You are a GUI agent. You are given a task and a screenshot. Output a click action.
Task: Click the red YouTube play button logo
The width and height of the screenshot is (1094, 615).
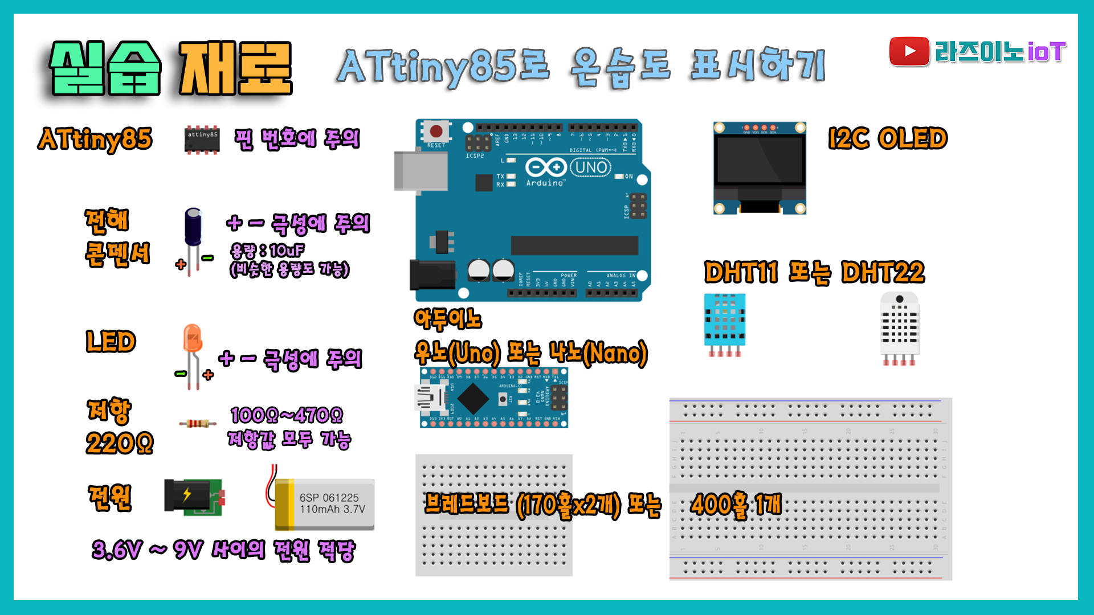909,51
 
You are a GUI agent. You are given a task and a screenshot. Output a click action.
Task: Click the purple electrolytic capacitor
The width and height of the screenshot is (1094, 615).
193,228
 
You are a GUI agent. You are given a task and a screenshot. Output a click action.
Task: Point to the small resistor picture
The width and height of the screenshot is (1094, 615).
197,423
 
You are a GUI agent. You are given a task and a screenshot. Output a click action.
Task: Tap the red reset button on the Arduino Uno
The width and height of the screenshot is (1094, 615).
436,132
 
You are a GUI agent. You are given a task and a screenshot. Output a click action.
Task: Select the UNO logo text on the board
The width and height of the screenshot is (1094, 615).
591,167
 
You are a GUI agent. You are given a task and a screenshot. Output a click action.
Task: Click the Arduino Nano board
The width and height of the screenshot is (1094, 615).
493,398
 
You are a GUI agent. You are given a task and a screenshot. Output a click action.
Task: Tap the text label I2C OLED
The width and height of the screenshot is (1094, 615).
888,138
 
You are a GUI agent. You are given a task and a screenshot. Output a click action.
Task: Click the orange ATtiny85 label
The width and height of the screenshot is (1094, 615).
95,140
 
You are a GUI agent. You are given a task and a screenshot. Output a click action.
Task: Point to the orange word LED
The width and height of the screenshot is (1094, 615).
111,342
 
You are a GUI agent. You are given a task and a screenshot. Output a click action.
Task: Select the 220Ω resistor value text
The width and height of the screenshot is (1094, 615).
120,443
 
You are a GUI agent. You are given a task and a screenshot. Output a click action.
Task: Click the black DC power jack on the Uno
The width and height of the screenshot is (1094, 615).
432,274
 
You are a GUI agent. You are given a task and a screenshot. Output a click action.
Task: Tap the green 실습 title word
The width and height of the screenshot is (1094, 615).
105,68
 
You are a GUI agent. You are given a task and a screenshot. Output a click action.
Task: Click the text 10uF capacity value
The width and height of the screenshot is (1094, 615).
287,251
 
